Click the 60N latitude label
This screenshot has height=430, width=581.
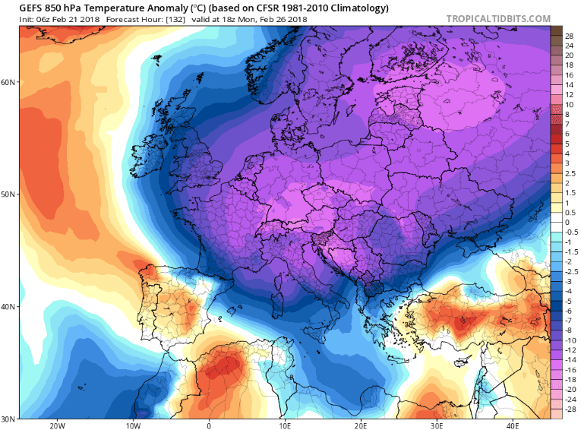point(9,81)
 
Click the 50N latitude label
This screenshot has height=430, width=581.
point(9,194)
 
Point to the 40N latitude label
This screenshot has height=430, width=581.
point(9,307)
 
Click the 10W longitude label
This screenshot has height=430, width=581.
point(133,425)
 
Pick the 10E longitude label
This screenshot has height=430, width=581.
point(284,425)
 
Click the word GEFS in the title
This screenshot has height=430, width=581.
point(32,8)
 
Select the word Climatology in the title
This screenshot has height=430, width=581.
point(356,8)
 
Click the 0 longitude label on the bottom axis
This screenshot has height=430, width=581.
point(208,425)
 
